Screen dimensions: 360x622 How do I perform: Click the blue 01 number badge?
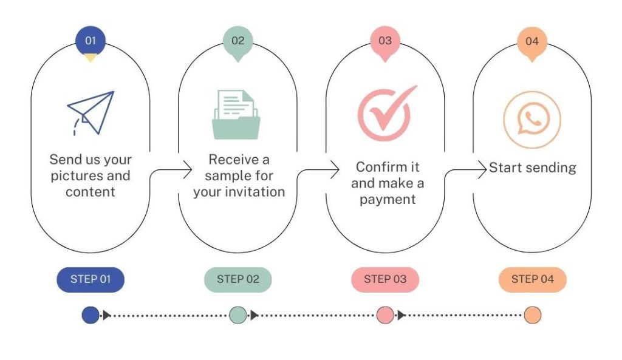point(91,41)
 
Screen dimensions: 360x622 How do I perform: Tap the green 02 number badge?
point(238,41)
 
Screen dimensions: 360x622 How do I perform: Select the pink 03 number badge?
point(385,41)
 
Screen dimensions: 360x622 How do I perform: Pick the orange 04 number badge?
point(532,41)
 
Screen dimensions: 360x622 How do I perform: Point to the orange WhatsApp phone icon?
point(531,120)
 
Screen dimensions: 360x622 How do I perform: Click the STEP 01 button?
point(91,279)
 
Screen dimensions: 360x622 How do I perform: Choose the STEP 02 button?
point(238,279)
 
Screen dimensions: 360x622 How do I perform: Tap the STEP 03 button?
point(385,279)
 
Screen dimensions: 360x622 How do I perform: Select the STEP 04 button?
point(532,279)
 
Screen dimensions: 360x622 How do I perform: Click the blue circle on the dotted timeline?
point(91,315)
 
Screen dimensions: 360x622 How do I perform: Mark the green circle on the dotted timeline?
point(238,315)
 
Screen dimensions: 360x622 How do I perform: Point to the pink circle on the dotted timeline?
point(385,315)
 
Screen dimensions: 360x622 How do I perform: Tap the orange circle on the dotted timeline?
point(532,315)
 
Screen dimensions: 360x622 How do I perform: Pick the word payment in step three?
point(388,199)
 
